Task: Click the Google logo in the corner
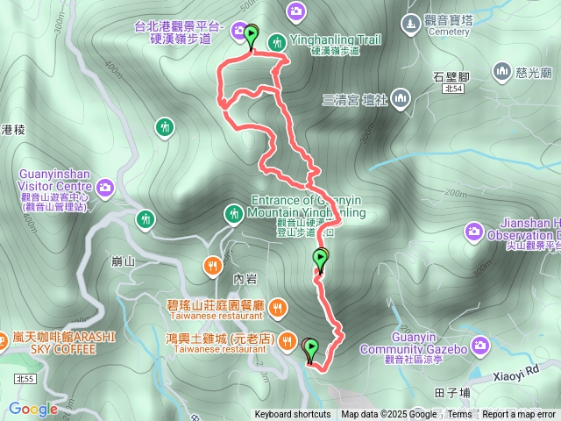coord(33,409)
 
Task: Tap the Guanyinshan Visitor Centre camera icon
coord(105,187)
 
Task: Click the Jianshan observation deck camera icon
coord(474,232)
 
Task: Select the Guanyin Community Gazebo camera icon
coord(479,346)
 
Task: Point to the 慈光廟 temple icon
coord(502,70)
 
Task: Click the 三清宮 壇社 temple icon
coord(400,98)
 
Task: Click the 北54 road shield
coord(453,89)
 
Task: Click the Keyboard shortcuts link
coord(293,415)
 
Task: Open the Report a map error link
coord(520,415)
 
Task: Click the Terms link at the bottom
coord(459,415)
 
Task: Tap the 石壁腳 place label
coord(452,76)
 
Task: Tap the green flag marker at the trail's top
coord(252,36)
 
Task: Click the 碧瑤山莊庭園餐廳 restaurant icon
coord(277,306)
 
